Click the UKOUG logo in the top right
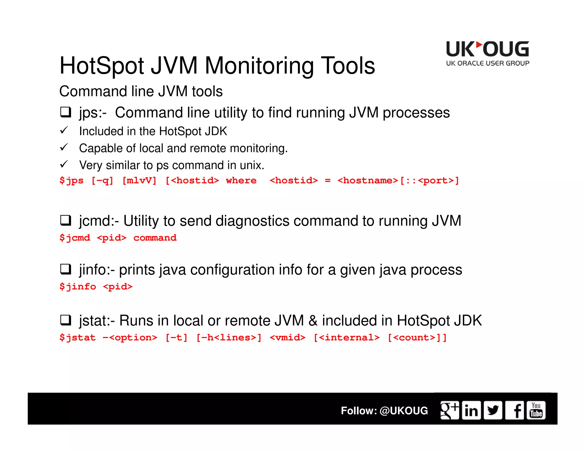488,54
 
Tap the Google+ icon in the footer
449,410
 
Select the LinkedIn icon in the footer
471,410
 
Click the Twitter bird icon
493,410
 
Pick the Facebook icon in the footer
514,410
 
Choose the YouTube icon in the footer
536,410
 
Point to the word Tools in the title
348,66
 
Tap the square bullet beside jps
66,112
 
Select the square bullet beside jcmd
66,220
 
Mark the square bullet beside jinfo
66,269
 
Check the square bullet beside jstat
66,320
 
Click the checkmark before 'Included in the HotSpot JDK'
64,131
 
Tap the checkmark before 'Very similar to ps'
64,164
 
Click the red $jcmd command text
75,238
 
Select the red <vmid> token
287,338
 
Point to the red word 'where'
241,180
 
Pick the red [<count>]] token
417,338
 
